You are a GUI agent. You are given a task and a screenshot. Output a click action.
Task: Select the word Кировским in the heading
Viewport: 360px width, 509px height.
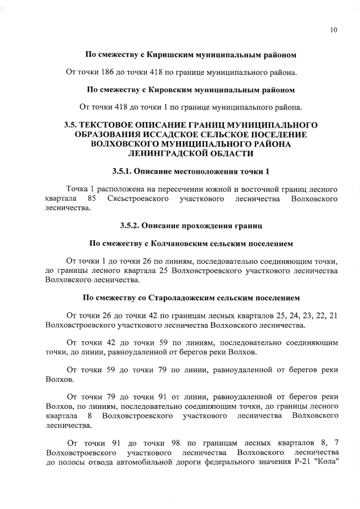169,89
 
